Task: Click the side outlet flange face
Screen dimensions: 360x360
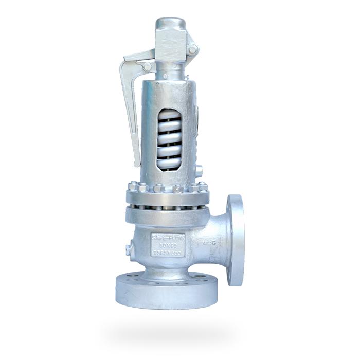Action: pos(236,240)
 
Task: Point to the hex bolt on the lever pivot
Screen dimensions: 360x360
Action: pos(147,66)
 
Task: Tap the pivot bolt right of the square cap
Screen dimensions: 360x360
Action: pos(192,49)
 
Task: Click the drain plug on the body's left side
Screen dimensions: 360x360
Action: pos(127,250)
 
